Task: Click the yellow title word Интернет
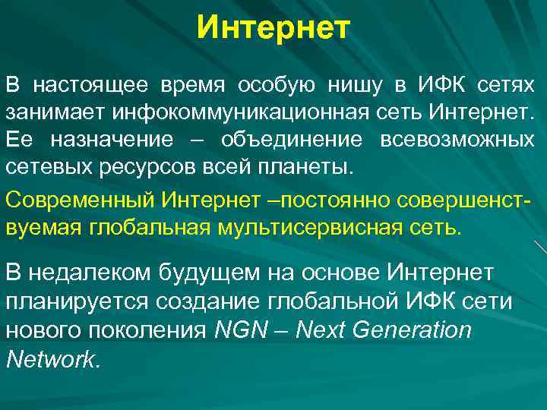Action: click(x=273, y=29)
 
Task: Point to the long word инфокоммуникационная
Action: click(x=242, y=112)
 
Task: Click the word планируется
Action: click(x=78, y=301)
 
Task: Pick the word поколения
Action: click(x=153, y=330)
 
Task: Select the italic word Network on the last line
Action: click(x=51, y=358)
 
